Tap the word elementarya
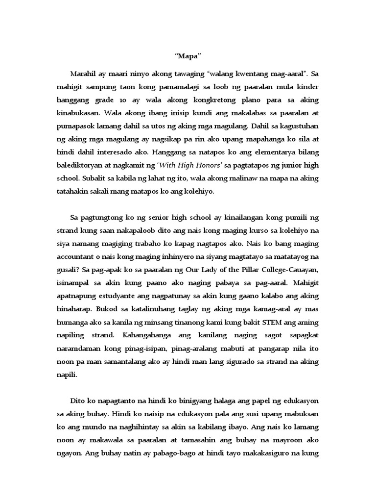[264, 152]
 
